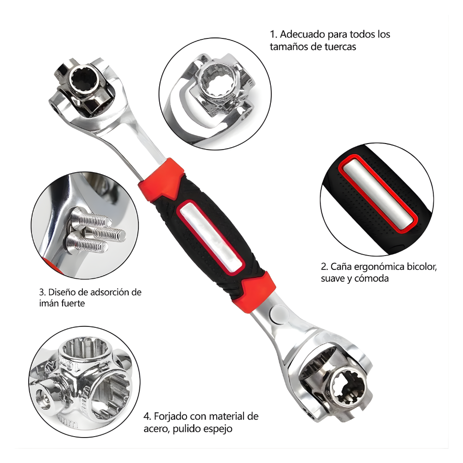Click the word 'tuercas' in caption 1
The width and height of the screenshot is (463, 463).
click(x=340, y=46)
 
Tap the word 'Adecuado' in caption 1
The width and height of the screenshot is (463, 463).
click(x=299, y=34)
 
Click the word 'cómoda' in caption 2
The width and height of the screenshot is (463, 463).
click(x=372, y=278)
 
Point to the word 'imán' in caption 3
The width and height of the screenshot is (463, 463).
click(x=50, y=304)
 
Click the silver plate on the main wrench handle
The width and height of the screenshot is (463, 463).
click(x=211, y=237)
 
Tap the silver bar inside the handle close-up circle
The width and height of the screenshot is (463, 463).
click(x=380, y=192)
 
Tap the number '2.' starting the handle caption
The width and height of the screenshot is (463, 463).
click(x=324, y=267)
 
